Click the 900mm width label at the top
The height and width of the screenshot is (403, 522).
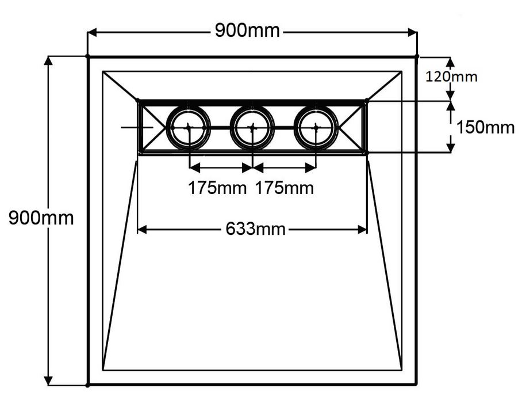pos(247,31)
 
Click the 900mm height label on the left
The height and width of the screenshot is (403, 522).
pos(41,218)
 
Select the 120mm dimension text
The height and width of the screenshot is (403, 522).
pos(451,76)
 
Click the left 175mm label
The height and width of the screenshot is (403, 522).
pos(219,188)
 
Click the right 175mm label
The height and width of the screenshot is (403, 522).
pos(285,188)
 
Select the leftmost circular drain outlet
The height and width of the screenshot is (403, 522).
pos(187,127)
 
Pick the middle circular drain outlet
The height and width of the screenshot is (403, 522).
pos(251,127)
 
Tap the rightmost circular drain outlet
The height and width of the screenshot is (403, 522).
pos(316,127)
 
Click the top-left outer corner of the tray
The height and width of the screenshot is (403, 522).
pos(87,56)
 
